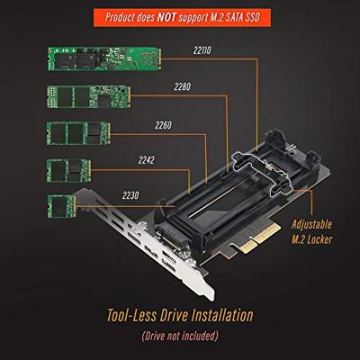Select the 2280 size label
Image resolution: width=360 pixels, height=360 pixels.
(x=184, y=87)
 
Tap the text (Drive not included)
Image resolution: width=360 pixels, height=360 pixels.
(x=180, y=338)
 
